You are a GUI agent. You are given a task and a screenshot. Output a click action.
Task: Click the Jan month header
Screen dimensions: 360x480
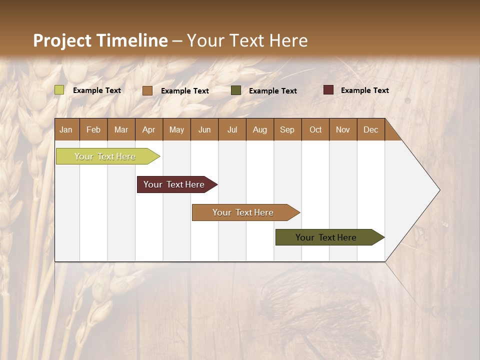pyautogui.click(x=66, y=129)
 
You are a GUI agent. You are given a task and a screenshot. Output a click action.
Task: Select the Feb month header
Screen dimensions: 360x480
pyautogui.click(x=93, y=129)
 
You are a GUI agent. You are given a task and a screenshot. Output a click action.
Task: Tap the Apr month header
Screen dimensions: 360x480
pyautogui.click(x=148, y=129)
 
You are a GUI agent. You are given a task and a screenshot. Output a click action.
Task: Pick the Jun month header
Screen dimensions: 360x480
pyautogui.click(x=204, y=129)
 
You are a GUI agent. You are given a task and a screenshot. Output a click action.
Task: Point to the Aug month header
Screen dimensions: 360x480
pyautogui.click(x=259, y=129)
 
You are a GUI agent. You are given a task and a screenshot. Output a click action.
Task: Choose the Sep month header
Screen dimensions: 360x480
pyautogui.click(x=287, y=129)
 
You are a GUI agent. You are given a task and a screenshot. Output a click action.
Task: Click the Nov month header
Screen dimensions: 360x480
pyautogui.click(x=342, y=129)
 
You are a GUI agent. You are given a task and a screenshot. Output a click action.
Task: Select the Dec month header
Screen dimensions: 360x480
pyautogui.click(x=370, y=129)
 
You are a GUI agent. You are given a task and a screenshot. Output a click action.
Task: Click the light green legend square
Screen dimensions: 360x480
pyautogui.click(x=59, y=90)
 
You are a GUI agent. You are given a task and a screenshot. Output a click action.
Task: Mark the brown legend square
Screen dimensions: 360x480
pyautogui.click(x=147, y=90)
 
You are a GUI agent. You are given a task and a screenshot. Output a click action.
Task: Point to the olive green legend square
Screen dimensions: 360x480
pyautogui.click(x=235, y=90)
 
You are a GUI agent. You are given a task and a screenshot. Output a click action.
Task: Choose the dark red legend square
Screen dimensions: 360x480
pyautogui.click(x=328, y=90)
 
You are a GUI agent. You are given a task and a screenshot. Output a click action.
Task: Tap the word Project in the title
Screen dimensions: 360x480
pyautogui.click(x=62, y=40)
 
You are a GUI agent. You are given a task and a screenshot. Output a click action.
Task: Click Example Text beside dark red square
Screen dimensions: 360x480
pyautogui.click(x=364, y=90)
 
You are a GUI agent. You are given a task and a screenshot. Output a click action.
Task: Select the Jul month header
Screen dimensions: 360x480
pyautogui.click(x=232, y=129)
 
